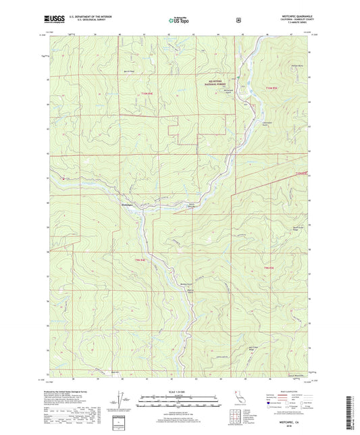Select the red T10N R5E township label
(x=272, y=88)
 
